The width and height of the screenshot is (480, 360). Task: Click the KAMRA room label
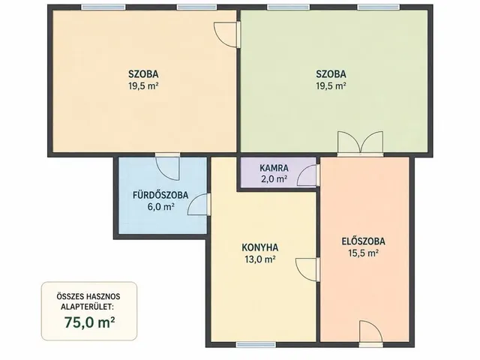click(x=274, y=168)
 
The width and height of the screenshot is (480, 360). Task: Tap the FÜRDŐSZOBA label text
click(x=160, y=195)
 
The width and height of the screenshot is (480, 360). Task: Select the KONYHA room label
click(x=260, y=247)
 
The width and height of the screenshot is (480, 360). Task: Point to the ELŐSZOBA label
click(x=363, y=241)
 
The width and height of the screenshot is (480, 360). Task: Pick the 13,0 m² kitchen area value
click(x=260, y=259)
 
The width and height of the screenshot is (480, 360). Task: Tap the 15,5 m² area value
click(x=363, y=253)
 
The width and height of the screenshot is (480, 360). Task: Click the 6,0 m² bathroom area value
click(x=161, y=207)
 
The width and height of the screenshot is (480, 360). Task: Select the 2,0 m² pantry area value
click(x=274, y=179)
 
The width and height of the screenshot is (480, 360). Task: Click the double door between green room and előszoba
click(x=360, y=144)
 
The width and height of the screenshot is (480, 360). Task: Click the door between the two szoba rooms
click(x=227, y=34)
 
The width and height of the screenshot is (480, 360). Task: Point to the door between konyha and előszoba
click(x=307, y=269)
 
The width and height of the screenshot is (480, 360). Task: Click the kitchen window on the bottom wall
click(x=256, y=345)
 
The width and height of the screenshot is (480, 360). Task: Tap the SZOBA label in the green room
click(x=331, y=74)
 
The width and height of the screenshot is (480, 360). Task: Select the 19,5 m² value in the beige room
click(x=143, y=86)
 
